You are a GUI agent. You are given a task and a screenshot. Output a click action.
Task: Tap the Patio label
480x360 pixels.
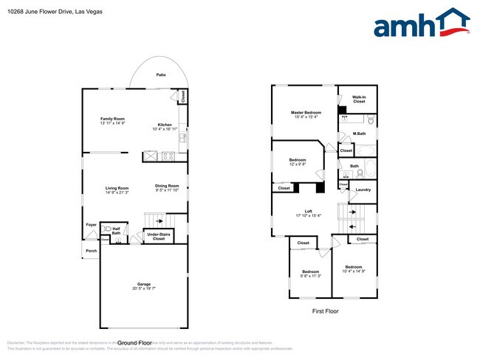(160, 75)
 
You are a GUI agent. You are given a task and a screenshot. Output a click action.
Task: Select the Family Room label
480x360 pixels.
(113, 121)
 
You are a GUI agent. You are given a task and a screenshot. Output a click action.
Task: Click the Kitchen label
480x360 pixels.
(165, 126)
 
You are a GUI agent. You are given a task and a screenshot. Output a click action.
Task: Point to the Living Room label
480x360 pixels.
(117, 190)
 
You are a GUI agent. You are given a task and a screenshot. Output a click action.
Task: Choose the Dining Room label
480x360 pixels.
(167, 187)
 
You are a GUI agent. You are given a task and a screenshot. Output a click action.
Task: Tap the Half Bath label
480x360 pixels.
(117, 231)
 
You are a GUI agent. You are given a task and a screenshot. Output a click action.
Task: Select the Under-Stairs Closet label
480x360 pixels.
(159, 237)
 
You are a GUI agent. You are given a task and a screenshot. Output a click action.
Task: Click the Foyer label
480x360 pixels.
(92, 224)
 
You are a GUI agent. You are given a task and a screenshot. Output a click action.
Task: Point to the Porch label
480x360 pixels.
(91, 250)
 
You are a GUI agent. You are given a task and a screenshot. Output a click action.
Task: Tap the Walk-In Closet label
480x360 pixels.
(359, 99)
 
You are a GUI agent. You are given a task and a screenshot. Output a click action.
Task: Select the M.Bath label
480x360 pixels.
(359, 134)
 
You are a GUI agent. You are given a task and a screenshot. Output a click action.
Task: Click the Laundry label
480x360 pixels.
(363, 190)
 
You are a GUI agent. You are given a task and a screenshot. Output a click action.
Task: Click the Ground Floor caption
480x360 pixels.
(135, 343)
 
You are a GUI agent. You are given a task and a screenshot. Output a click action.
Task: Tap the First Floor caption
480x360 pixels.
(325, 311)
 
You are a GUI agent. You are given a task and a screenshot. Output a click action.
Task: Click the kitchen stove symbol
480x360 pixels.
(168, 156)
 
